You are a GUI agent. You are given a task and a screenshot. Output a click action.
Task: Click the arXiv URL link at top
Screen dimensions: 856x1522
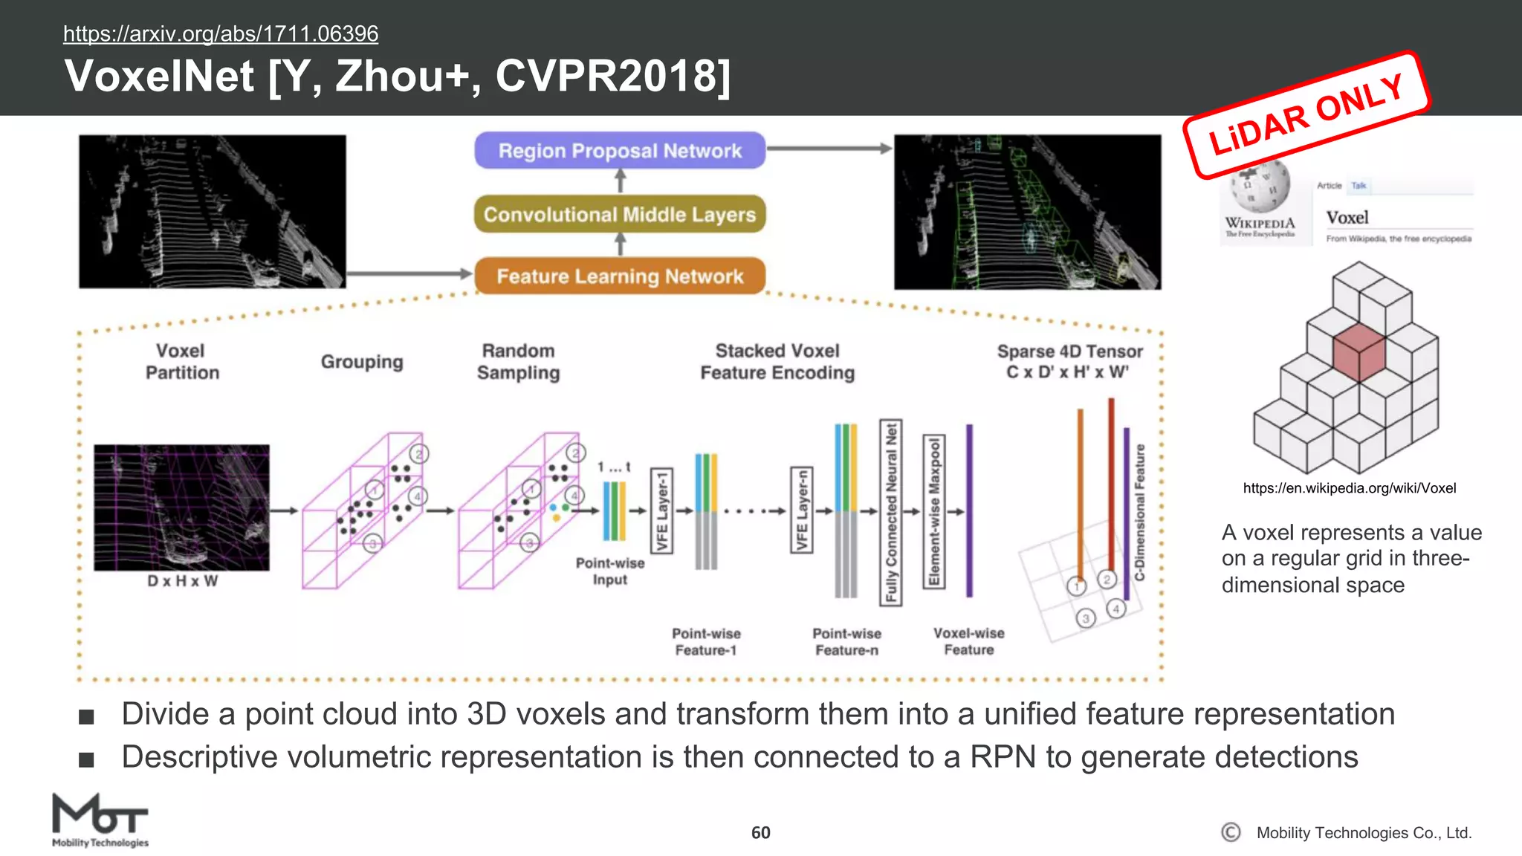coord(221,33)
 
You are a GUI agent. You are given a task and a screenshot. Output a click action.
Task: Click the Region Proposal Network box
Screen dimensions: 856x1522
coord(620,151)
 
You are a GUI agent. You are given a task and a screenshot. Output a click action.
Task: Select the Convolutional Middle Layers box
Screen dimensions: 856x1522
coord(620,214)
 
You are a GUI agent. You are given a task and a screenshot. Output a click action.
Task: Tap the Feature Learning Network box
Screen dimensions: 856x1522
coord(620,276)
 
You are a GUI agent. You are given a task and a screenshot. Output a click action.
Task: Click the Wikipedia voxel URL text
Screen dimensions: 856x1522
coord(1349,488)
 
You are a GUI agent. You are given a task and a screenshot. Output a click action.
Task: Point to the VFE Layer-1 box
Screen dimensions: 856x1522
coord(661,511)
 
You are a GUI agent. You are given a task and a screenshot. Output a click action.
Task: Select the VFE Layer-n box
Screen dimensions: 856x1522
coord(801,510)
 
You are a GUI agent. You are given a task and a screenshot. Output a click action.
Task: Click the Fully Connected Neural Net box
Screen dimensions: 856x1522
coord(890,512)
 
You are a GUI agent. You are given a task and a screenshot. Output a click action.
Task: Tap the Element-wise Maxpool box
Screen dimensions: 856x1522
coord(933,512)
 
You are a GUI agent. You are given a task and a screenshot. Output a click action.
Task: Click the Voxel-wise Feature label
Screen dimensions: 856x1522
coord(968,641)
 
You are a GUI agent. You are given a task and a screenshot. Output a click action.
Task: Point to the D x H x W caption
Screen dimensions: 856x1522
coord(182,581)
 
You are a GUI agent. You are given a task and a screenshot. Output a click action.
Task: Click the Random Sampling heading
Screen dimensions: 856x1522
coord(518,362)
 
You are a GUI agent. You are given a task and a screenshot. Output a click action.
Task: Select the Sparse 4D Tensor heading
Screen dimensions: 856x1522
coord(1069,362)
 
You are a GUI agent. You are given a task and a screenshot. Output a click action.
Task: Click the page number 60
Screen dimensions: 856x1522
coord(760,833)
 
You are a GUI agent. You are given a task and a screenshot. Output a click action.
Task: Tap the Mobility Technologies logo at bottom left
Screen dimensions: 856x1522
coord(100,820)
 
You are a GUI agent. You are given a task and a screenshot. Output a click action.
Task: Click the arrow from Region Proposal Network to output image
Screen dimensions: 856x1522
coord(828,149)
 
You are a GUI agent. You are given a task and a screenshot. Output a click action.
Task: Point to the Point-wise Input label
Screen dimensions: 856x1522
coord(610,571)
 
